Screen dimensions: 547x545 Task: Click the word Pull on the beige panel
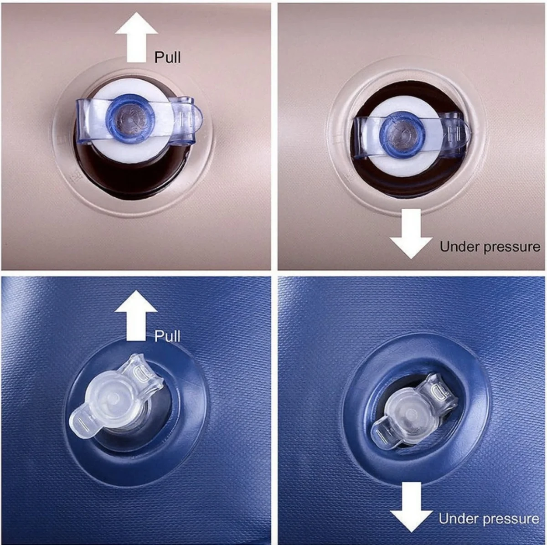(167, 57)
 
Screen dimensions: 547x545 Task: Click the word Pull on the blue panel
(167, 336)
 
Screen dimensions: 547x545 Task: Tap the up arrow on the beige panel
(137, 37)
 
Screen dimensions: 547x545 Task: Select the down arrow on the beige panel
(411, 234)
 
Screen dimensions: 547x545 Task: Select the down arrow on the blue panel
(411, 507)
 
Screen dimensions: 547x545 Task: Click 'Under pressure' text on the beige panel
(490, 247)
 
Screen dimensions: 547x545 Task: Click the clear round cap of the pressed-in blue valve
(410, 411)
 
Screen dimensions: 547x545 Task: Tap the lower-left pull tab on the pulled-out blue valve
(83, 422)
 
